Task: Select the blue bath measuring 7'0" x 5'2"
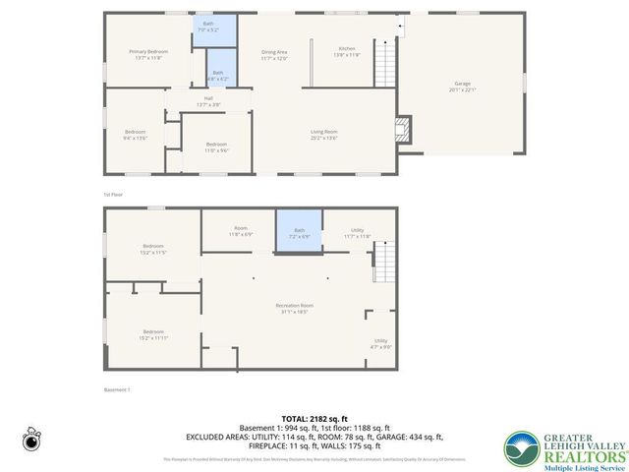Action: click(x=207, y=29)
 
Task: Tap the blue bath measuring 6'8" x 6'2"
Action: click(x=217, y=73)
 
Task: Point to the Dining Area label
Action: click(x=274, y=54)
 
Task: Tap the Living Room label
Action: click(x=324, y=134)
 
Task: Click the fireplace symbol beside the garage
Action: click(x=400, y=127)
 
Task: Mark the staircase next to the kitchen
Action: click(x=388, y=62)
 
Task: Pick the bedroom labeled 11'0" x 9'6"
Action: click(x=216, y=147)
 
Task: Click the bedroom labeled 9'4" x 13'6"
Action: click(x=135, y=135)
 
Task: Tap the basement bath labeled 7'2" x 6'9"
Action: click(x=299, y=233)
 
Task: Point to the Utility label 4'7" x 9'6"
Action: click(x=381, y=343)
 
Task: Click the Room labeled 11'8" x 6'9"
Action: click(x=241, y=232)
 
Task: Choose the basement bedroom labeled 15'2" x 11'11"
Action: click(x=152, y=334)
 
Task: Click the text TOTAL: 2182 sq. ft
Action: click(x=314, y=418)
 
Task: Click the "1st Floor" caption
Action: click(x=113, y=195)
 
